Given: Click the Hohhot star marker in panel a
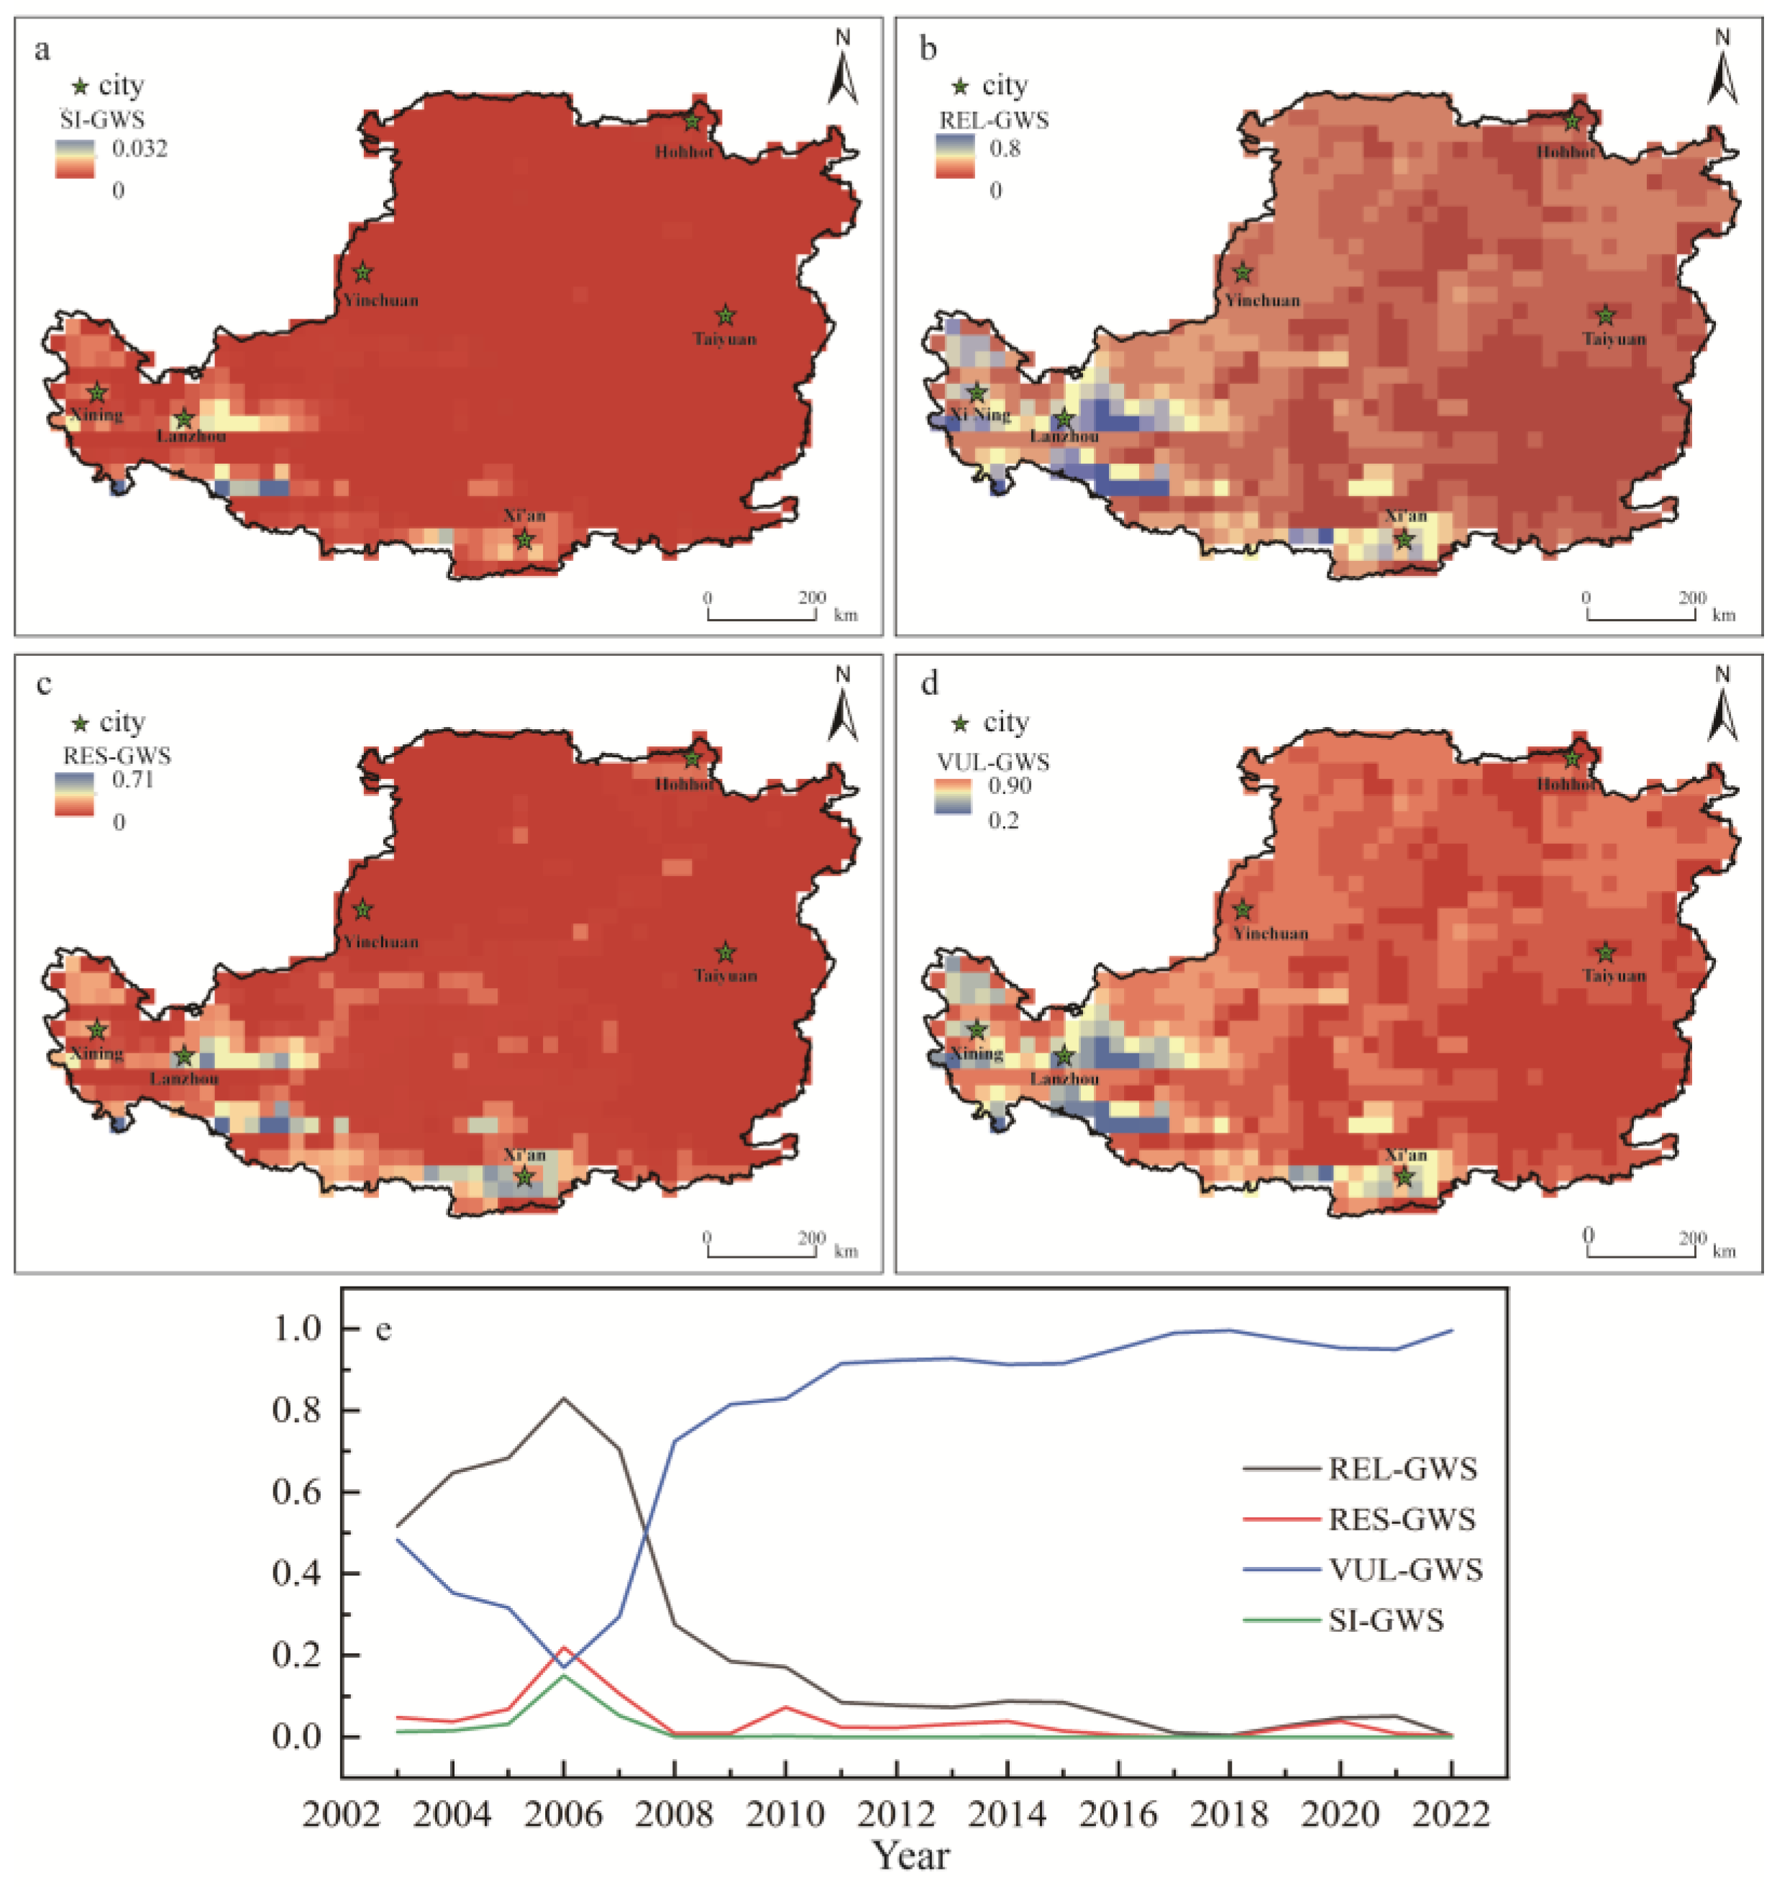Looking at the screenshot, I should point(692,121).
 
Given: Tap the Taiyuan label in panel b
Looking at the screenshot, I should point(1614,339).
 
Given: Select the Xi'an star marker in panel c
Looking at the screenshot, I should point(524,1177).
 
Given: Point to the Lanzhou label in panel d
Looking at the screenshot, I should point(1064,1079).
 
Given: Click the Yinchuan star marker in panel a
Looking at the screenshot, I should point(362,273).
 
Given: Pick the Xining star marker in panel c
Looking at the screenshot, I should point(97,1030).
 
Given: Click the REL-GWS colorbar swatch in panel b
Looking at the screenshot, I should point(955,157).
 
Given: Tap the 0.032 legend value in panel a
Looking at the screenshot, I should point(140,149).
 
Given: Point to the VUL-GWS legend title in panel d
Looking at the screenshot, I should point(993,762).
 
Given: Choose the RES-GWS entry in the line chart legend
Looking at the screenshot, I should point(1401,1519).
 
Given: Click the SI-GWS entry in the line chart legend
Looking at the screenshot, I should point(1385,1619).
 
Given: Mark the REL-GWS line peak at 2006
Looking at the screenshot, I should point(564,1398).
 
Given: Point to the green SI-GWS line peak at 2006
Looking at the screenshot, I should point(564,1676).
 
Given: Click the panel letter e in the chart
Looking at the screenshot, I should point(383,1330).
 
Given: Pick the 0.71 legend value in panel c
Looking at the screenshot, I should point(133,780).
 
